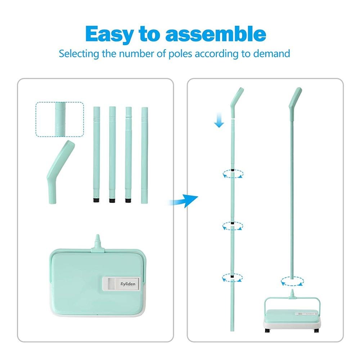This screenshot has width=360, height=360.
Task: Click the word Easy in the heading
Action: point(109,35)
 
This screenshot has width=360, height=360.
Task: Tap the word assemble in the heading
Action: point(216,35)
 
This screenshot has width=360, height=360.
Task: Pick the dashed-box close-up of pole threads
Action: point(60,119)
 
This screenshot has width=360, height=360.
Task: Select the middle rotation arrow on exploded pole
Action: point(233,226)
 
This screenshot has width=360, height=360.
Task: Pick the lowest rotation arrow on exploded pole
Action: point(233,278)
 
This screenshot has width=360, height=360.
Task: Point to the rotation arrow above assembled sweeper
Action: point(292,281)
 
